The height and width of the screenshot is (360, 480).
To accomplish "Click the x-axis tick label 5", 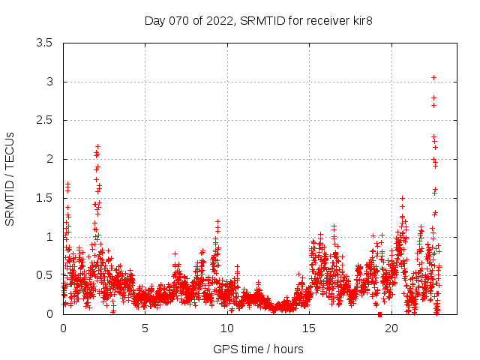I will tap(145, 328).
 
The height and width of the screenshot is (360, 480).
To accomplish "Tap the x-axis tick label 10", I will tap(226, 328).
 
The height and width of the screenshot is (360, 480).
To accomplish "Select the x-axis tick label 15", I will tap(309, 328).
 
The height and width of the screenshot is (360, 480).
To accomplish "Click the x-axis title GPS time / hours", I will tap(258, 349).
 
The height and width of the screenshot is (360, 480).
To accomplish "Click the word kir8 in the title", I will tap(361, 20).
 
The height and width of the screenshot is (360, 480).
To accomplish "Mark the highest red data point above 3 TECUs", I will tap(433, 77).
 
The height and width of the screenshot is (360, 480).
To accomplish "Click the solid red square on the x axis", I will tap(379, 314).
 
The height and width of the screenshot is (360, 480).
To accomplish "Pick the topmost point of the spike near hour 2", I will tap(97, 147).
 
